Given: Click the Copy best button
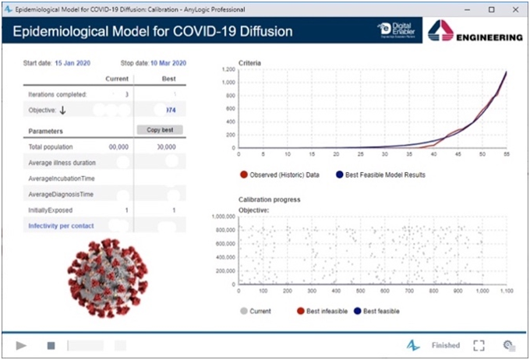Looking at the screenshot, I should (x=164, y=129).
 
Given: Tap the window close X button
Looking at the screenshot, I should (x=514, y=9).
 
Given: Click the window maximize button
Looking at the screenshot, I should (x=491, y=9).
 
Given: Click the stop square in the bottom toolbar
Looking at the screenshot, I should (x=51, y=345).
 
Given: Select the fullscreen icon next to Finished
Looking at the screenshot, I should (x=479, y=345).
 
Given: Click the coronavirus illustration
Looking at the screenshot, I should (x=102, y=277).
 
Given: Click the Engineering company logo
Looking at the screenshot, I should (x=475, y=32).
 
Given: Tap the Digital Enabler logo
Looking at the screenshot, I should (x=397, y=32).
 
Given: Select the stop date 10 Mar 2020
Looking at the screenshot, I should (x=168, y=62).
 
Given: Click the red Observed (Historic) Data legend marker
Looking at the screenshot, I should (x=244, y=175).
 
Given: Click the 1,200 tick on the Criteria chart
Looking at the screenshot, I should (x=228, y=69).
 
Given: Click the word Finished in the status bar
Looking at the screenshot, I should (x=446, y=345).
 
